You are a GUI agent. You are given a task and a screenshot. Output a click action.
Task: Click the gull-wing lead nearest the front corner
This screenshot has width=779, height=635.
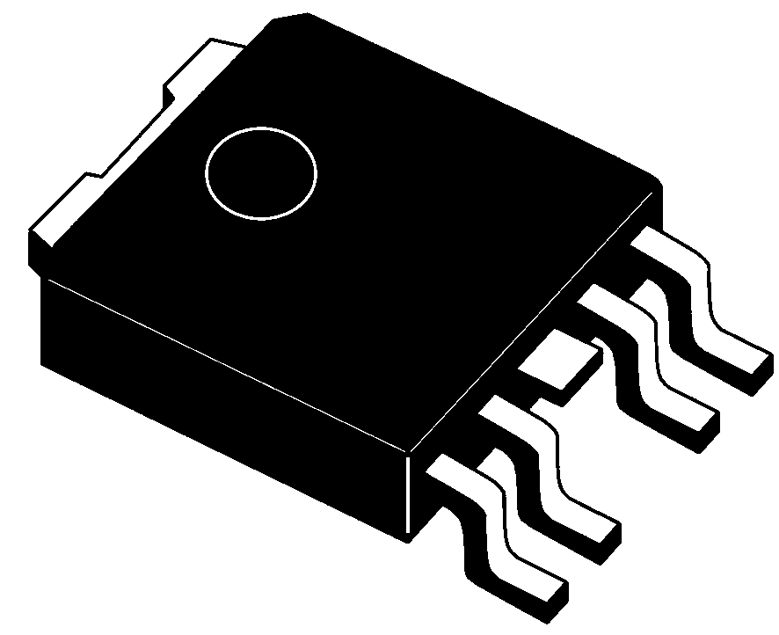pyautogui.click(x=492, y=528)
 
